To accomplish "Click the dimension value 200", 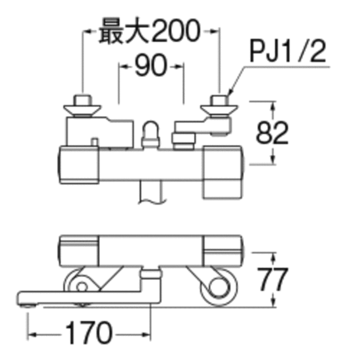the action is [x=175, y=31].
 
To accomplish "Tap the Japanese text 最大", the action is [x=124, y=31].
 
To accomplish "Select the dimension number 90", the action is [x=151, y=65].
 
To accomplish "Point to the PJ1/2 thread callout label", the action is [x=288, y=52].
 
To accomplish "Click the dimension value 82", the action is [x=272, y=133].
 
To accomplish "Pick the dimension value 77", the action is [x=272, y=279].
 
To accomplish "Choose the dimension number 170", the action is [x=89, y=333].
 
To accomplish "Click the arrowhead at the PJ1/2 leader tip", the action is [x=230, y=92].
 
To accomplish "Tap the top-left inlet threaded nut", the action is [x=82, y=100].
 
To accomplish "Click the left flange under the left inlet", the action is [x=82, y=110].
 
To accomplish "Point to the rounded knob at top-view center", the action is [x=150, y=134].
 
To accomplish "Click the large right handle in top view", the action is [x=222, y=172].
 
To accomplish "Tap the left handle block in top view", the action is [x=79, y=165].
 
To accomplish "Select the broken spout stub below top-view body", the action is [x=151, y=192].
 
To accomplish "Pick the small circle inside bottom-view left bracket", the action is [x=82, y=287].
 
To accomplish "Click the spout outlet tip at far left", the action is [x=27, y=305].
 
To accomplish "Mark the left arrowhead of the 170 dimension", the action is [x=31, y=335].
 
